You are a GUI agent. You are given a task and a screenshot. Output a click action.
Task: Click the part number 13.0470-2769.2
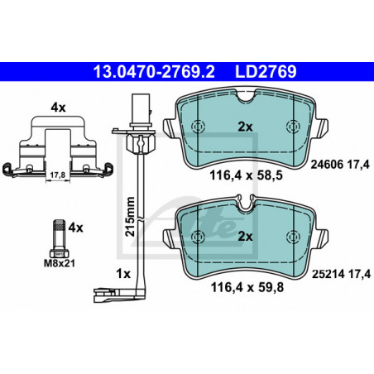click(x=154, y=72)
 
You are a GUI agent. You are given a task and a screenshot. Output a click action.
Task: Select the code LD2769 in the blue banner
click(x=266, y=72)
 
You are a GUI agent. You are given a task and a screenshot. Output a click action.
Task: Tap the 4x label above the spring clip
click(x=58, y=108)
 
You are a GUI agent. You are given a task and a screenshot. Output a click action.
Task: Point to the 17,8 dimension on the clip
click(x=58, y=175)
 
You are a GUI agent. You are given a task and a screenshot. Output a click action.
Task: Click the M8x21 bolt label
click(x=60, y=263)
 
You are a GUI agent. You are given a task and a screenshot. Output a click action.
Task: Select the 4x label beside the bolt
click(x=75, y=228)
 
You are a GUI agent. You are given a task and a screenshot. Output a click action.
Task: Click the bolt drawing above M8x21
click(x=60, y=238)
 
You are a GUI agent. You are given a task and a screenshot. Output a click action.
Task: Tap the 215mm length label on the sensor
click(x=130, y=217)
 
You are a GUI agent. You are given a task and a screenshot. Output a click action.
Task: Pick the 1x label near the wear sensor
click(x=123, y=274)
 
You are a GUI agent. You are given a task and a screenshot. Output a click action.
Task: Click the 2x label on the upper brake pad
click(x=245, y=127)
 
